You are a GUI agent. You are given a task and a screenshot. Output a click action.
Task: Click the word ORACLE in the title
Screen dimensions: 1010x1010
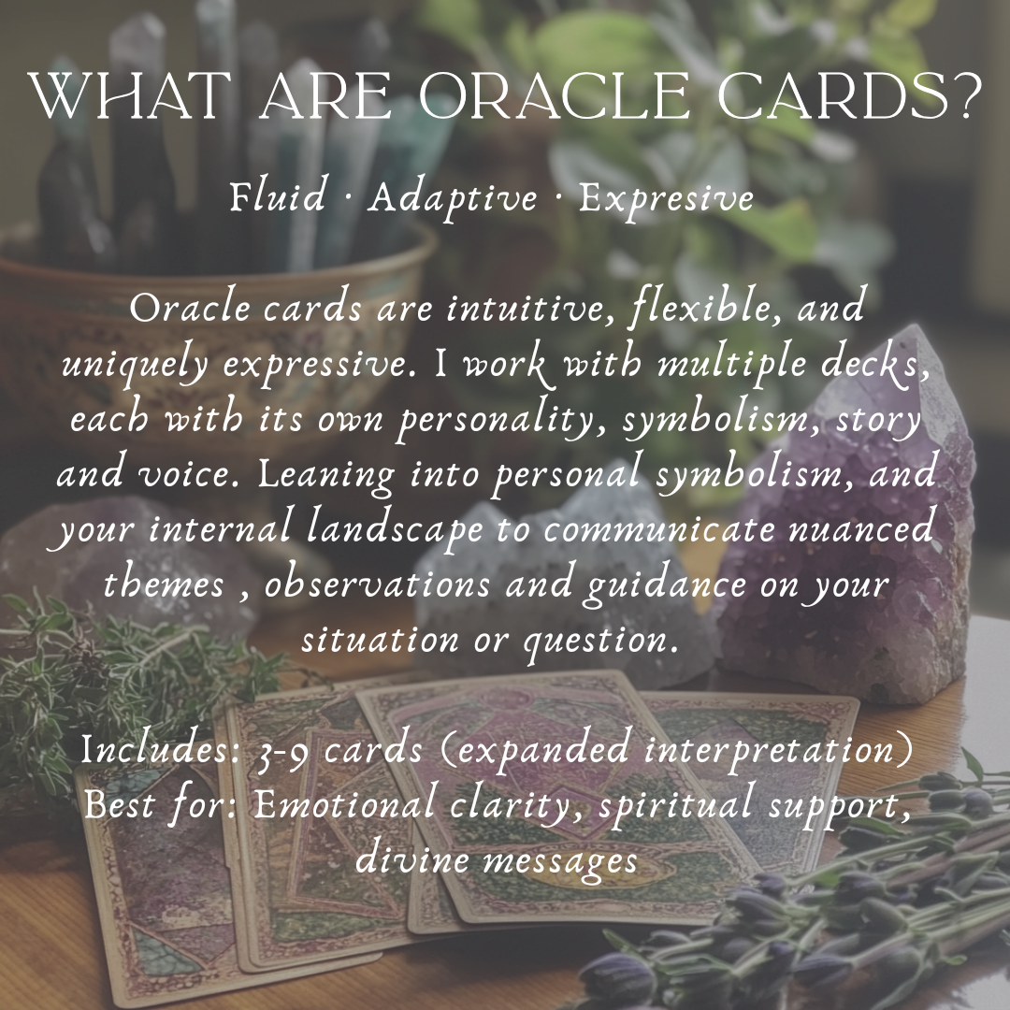pos(554,96)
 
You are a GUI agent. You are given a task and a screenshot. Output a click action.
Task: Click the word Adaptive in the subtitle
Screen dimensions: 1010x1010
pos(453,197)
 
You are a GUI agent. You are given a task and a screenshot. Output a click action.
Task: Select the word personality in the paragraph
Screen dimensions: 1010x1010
pos(500,420)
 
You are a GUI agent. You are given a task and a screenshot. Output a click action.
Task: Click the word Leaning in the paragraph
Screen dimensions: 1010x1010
pos(326,475)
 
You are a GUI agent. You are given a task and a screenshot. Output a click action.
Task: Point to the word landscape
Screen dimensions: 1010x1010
pos(395,531)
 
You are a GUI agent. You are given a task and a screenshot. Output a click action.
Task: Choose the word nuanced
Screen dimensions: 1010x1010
pos(861,528)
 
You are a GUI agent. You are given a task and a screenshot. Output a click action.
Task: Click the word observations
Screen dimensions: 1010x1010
pos(378,584)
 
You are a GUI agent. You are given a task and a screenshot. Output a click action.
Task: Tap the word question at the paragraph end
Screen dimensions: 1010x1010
pos(600,642)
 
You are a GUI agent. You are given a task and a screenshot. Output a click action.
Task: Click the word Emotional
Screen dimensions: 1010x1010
pos(344,804)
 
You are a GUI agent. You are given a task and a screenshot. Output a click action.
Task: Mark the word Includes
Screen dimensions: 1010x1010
pos(161,749)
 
